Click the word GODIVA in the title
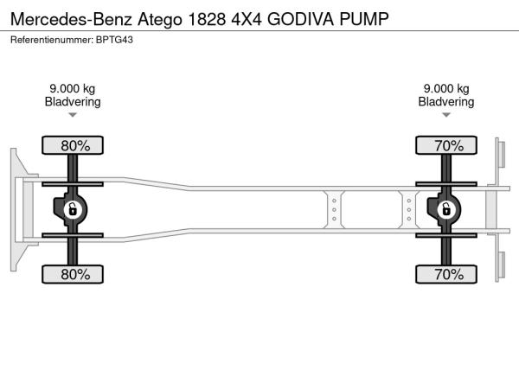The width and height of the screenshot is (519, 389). [300, 19]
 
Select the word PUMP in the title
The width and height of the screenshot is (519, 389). [364, 19]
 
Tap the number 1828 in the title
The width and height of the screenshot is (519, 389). [207, 19]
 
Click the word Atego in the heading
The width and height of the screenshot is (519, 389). [160, 20]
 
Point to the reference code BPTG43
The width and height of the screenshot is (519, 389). [114, 40]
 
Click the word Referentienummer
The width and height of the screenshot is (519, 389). [52, 40]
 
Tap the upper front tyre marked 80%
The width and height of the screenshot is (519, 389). [73, 145]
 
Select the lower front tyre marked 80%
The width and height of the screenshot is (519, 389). [73, 274]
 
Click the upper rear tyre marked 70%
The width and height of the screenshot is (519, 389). [446, 145]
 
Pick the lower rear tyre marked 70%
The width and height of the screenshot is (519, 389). [446, 274]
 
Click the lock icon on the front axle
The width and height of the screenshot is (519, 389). [73, 209]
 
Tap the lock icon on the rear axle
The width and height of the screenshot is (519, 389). [446, 209]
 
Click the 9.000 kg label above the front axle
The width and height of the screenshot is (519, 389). [73, 89]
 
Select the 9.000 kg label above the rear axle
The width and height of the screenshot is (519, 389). [446, 89]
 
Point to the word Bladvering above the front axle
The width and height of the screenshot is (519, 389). [73, 101]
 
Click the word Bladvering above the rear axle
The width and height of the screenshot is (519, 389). [446, 101]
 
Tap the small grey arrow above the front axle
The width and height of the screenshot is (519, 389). [73, 115]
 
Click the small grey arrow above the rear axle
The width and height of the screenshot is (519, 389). [446, 115]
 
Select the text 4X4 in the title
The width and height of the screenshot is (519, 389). [247, 19]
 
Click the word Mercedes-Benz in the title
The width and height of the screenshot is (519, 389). [71, 19]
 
